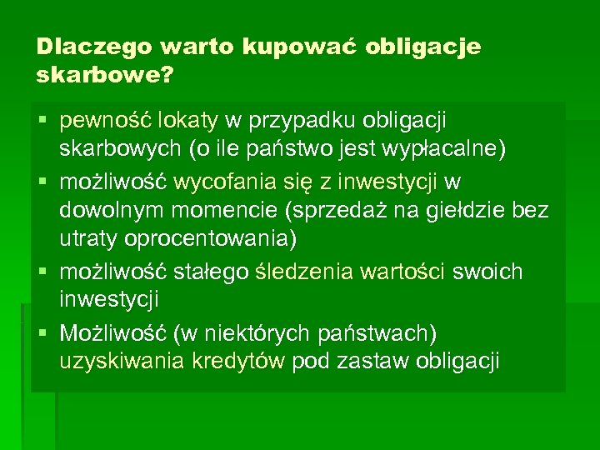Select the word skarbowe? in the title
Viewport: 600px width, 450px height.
tap(105, 76)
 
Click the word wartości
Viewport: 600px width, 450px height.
tap(407, 272)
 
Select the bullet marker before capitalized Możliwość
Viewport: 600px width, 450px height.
tap(43, 333)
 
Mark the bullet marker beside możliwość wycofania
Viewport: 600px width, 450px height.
tap(43, 182)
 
